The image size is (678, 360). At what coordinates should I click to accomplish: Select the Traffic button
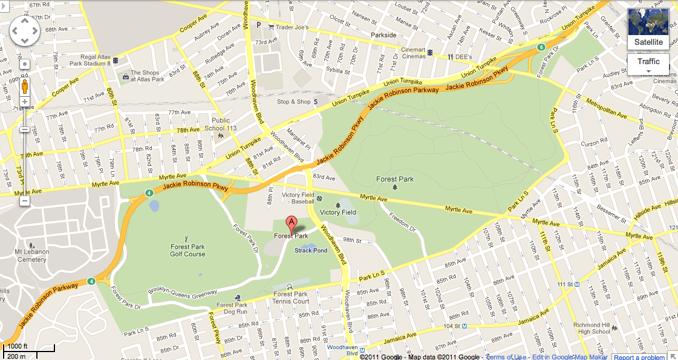[648, 62]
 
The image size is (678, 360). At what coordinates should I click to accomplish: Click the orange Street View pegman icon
[25, 86]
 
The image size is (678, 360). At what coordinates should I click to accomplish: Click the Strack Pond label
[311, 250]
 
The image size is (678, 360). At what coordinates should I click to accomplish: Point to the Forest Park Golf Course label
[187, 250]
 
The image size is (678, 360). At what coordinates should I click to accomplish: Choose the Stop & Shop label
[293, 102]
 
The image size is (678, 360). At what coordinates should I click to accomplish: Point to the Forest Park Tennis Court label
[291, 298]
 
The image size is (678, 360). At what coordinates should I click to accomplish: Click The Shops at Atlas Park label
[148, 76]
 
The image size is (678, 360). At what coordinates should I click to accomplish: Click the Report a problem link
[639, 357]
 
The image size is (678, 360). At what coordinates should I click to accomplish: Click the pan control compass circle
[25, 31]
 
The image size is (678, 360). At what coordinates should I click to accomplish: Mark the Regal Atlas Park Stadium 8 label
[83, 59]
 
